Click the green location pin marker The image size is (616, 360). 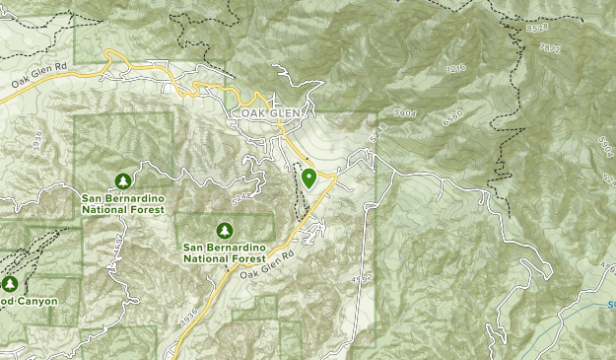point(308,179)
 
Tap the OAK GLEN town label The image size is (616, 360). point(267,113)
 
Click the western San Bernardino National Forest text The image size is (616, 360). point(122,203)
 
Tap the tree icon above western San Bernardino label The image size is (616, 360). point(122,180)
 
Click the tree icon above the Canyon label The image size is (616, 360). point(9,284)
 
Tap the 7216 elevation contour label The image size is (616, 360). point(455,70)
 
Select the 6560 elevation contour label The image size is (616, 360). point(452,115)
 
